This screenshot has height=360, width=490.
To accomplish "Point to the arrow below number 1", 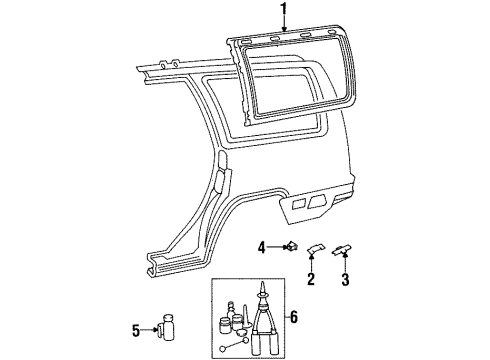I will (283, 28).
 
